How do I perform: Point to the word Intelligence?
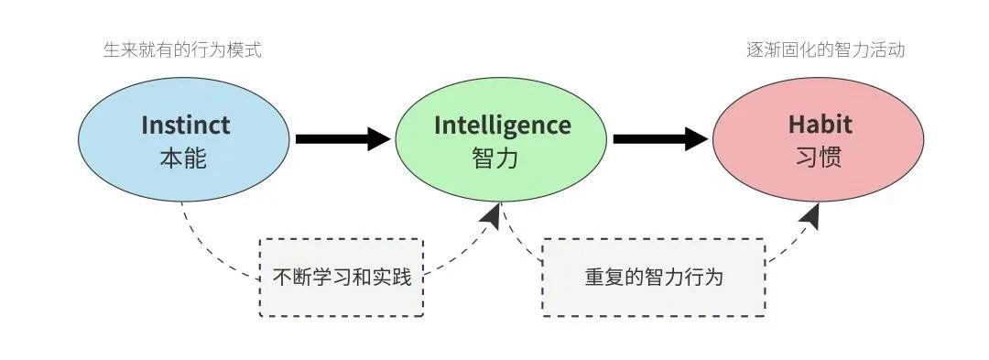pyautogui.click(x=502, y=125)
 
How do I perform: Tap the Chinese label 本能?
pyautogui.click(x=184, y=158)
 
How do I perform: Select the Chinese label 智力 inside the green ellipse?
pyautogui.click(x=495, y=158)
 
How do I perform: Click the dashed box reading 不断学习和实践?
pyautogui.click(x=342, y=277)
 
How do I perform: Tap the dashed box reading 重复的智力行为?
pyautogui.click(x=653, y=277)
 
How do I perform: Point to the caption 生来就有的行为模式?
pyautogui.click(x=183, y=49)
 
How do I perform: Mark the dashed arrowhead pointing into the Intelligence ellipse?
pyautogui.click(x=491, y=216)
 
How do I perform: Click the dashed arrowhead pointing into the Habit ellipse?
pyautogui.click(x=810, y=216)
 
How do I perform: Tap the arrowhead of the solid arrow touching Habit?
pyautogui.click(x=698, y=139)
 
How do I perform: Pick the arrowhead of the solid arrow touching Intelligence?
pyautogui.click(x=380, y=139)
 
